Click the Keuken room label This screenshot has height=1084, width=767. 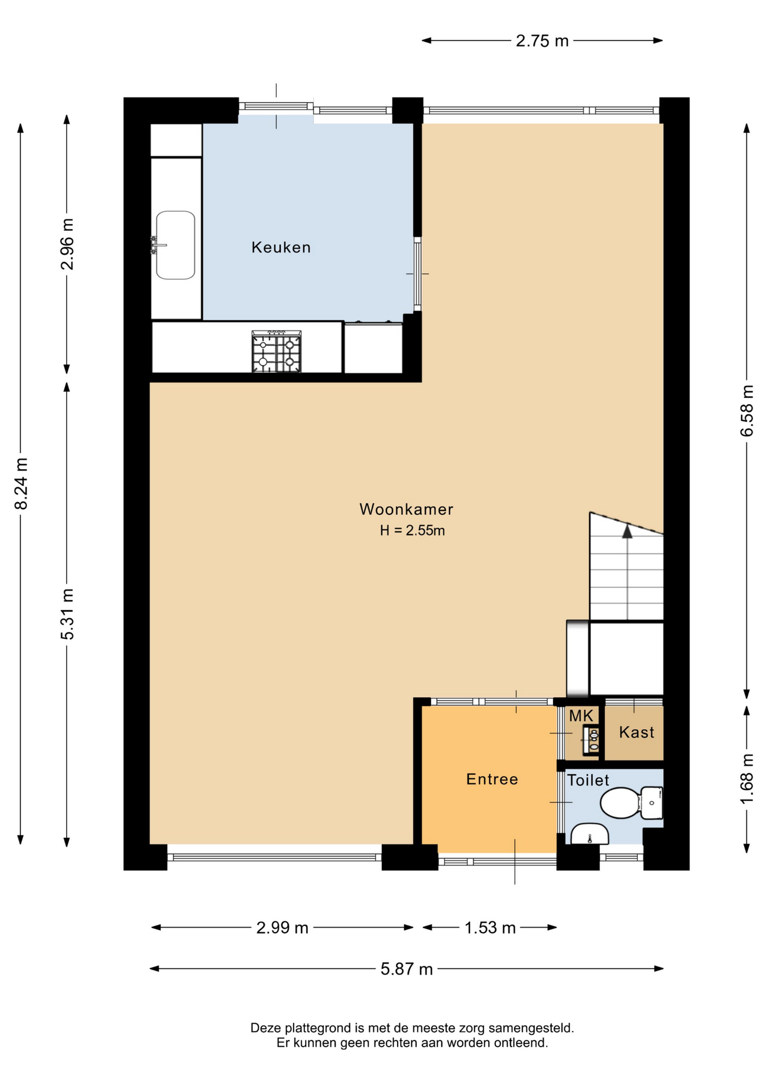(281, 247)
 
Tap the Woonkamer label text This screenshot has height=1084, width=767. (406, 509)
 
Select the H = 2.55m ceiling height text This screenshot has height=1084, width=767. (412, 531)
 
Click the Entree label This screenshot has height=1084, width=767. (492, 779)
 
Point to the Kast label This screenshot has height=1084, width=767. (637, 732)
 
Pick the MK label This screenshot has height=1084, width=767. (581, 716)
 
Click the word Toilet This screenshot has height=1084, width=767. (588, 780)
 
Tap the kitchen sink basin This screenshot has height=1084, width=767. (176, 245)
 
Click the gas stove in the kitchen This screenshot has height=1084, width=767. (276, 352)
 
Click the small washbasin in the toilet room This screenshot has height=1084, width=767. (589, 834)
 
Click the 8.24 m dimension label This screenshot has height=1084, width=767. (21, 483)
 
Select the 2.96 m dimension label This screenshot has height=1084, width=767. (67, 244)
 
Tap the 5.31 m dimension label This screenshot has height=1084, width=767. (67, 614)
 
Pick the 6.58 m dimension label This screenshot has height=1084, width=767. (747, 410)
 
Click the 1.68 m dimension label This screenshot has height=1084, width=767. (747, 779)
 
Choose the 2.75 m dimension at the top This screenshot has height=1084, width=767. (542, 41)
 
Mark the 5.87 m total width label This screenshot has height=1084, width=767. (407, 969)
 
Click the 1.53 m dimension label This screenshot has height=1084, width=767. (490, 928)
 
